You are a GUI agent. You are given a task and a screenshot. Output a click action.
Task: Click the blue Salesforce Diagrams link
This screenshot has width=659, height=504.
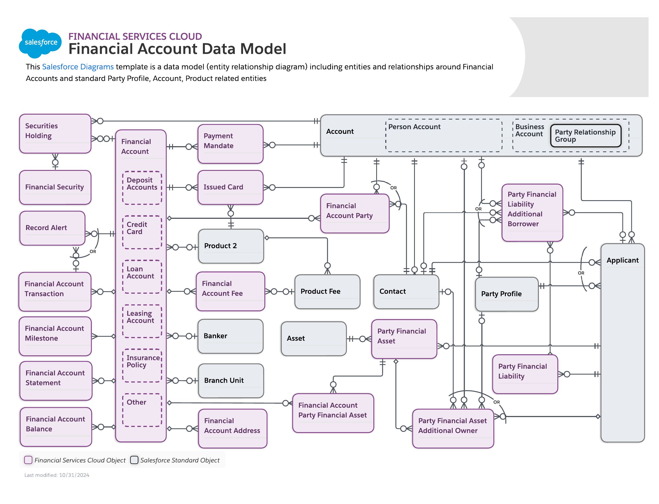pos(77,67)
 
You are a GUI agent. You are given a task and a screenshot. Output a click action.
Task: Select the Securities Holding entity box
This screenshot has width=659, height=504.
pos(55,133)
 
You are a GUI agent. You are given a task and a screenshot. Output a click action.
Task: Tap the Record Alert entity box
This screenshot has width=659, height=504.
pos(52,228)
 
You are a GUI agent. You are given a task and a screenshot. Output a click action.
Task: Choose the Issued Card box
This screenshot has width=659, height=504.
pos(230,187)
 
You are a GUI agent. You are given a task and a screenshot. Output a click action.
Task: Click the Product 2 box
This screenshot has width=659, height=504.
pos(231,246)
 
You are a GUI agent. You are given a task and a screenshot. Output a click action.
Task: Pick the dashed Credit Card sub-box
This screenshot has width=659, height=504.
pos(142,232)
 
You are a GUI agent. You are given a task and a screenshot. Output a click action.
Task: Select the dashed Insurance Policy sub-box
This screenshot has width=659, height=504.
pos(142,365)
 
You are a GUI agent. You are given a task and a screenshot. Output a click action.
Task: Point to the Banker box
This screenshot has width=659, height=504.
pos(230,336)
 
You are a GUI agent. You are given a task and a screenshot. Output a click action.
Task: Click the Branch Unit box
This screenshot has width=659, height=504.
pos(231,380)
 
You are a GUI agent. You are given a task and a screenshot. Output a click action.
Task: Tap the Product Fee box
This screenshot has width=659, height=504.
pos(327,291)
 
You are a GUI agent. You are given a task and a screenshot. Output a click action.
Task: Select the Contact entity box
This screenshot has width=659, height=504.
pos(406,291)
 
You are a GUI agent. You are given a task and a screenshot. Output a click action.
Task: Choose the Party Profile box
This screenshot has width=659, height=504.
pos(506,294)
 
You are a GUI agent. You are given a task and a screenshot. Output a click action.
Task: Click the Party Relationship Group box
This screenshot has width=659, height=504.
pos(585,136)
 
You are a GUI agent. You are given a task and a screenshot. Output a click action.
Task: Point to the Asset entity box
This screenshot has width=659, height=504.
pos(313,338)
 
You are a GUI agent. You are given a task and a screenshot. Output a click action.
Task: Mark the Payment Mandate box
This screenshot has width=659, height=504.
pos(230,144)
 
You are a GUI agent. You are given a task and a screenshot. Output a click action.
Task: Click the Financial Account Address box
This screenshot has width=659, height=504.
pos(232,428)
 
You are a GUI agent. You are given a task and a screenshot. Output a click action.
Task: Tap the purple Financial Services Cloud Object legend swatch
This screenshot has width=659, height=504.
pos(28,460)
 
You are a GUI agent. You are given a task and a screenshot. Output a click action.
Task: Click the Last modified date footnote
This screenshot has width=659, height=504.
pos(57,475)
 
